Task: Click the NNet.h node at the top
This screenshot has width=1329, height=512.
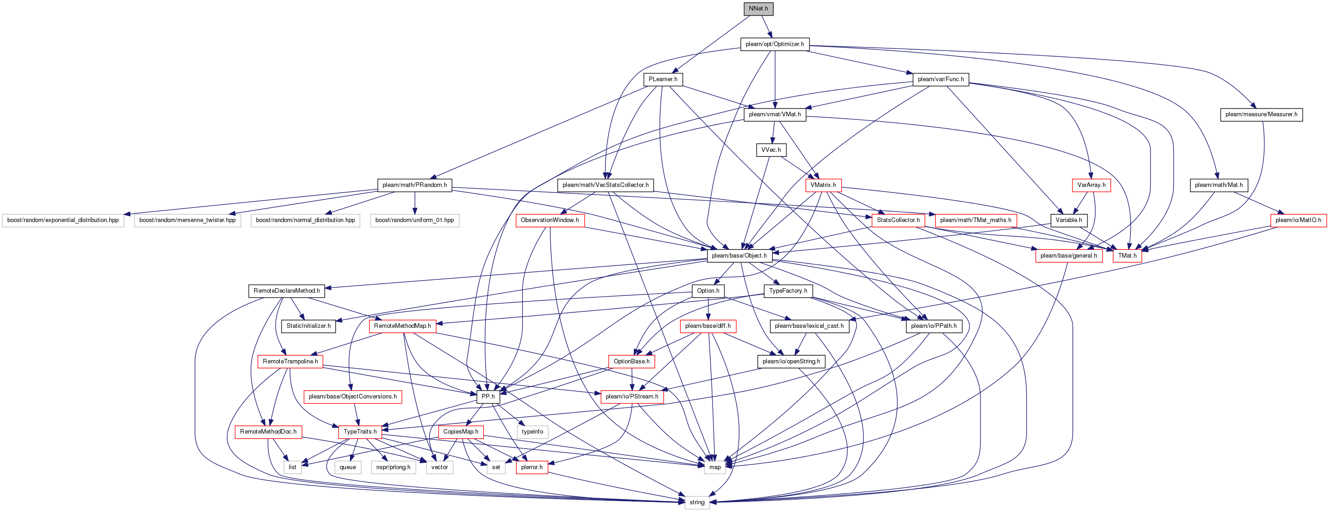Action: click(x=759, y=9)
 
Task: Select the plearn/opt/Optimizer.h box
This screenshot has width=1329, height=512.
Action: click(x=775, y=44)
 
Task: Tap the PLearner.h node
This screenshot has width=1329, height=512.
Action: click(x=663, y=79)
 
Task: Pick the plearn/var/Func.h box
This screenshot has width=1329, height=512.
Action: click(x=940, y=79)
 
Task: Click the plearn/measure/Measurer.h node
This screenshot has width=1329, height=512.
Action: click(x=1262, y=114)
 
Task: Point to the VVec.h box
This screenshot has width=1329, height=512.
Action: click(x=771, y=150)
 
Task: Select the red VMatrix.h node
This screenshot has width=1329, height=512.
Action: click(x=823, y=185)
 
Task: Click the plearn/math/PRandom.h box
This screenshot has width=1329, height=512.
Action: click(x=414, y=185)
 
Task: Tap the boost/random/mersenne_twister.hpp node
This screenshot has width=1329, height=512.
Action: click(x=187, y=220)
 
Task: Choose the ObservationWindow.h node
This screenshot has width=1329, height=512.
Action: click(x=549, y=220)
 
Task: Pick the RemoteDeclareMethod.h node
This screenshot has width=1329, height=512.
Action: click(x=286, y=291)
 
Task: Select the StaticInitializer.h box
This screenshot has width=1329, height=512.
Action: click(x=308, y=326)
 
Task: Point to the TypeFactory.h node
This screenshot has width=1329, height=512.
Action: click(x=788, y=291)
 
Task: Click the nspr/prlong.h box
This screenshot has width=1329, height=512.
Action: click(x=393, y=468)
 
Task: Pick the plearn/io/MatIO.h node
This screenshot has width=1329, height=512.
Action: click(x=1298, y=220)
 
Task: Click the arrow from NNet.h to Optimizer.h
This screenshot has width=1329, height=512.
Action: click(x=767, y=26)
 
